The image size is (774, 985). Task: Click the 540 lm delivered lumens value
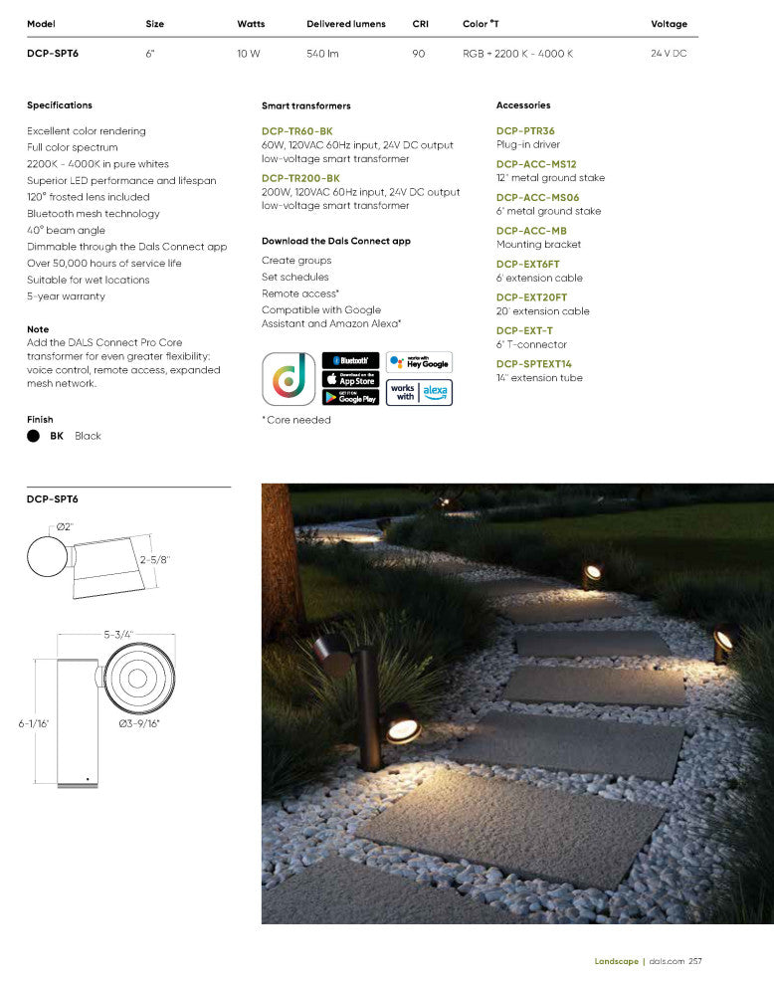[x=322, y=54]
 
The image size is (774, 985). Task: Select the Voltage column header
[x=669, y=24]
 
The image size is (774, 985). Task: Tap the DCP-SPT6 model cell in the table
[x=53, y=54]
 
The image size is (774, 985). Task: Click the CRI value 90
[x=419, y=54]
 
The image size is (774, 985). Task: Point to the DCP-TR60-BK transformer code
[x=297, y=131]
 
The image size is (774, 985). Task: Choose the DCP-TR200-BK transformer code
[x=300, y=178]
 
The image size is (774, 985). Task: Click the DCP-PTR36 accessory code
[x=525, y=131]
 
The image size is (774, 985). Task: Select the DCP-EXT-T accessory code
[x=524, y=330]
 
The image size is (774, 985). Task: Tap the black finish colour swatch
[x=34, y=436]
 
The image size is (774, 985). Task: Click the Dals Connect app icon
[x=289, y=378]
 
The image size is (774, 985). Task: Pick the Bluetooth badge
[x=350, y=360]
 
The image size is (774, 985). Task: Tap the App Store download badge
[x=350, y=379]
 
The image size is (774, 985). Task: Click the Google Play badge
[x=350, y=397]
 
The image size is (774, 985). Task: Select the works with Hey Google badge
[x=419, y=362]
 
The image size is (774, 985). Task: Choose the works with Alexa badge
[x=419, y=392]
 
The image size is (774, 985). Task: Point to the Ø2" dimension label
[x=65, y=525]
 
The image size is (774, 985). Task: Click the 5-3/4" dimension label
[x=118, y=634]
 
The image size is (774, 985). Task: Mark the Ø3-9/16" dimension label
[x=139, y=723]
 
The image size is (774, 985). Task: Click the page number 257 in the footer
[x=695, y=961]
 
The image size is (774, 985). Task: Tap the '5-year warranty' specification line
[x=66, y=296]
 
